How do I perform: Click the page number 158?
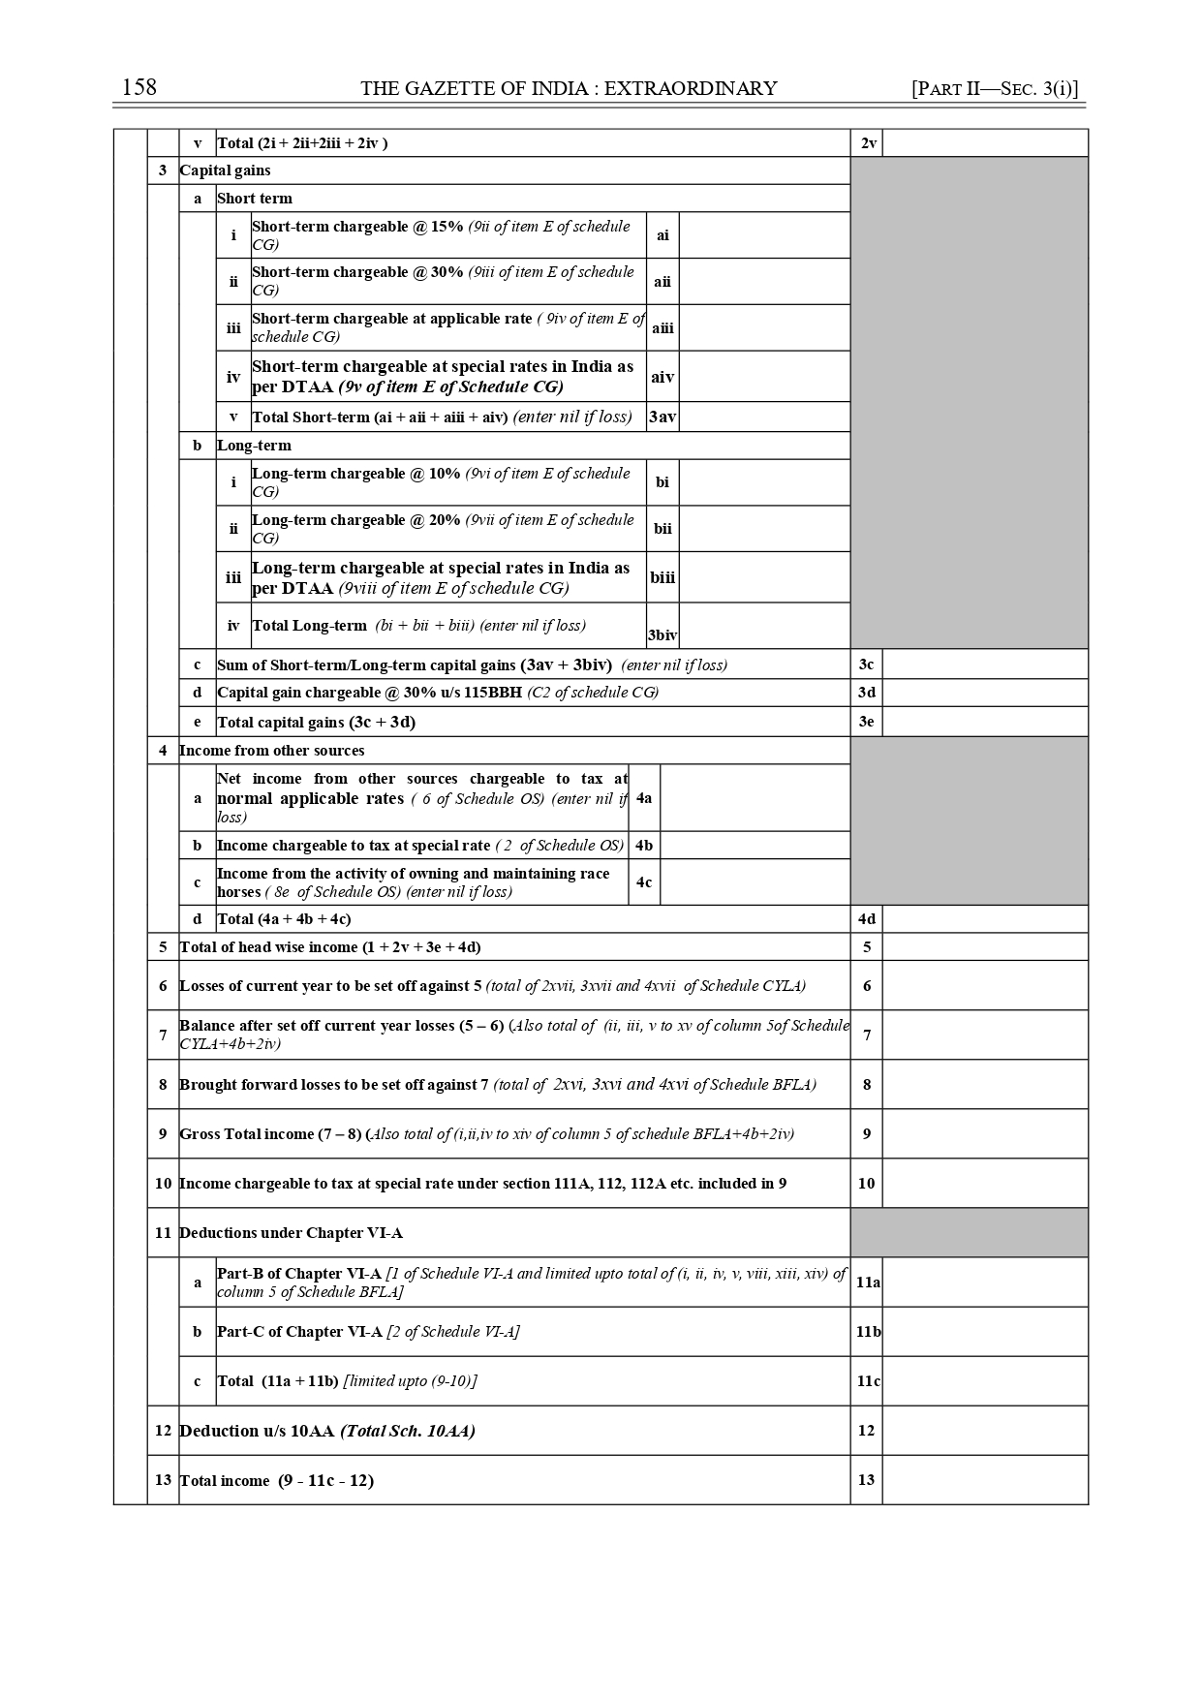point(139,87)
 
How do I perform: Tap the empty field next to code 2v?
point(985,143)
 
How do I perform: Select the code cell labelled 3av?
point(663,417)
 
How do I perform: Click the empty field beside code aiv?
point(764,377)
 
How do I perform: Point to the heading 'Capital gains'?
point(226,170)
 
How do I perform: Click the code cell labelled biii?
point(663,578)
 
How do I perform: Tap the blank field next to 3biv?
point(764,626)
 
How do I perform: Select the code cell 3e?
point(867,722)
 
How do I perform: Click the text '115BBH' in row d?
point(494,693)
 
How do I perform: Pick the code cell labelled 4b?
point(644,846)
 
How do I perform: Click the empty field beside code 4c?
point(755,882)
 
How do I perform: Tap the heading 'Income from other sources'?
point(272,751)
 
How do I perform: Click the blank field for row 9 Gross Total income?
point(985,1134)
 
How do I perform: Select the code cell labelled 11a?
point(868,1283)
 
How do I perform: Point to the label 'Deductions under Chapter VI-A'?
point(291,1233)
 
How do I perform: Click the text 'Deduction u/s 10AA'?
point(257,1431)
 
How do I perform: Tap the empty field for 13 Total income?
point(985,1480)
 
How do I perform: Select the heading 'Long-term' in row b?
point(254,446)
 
